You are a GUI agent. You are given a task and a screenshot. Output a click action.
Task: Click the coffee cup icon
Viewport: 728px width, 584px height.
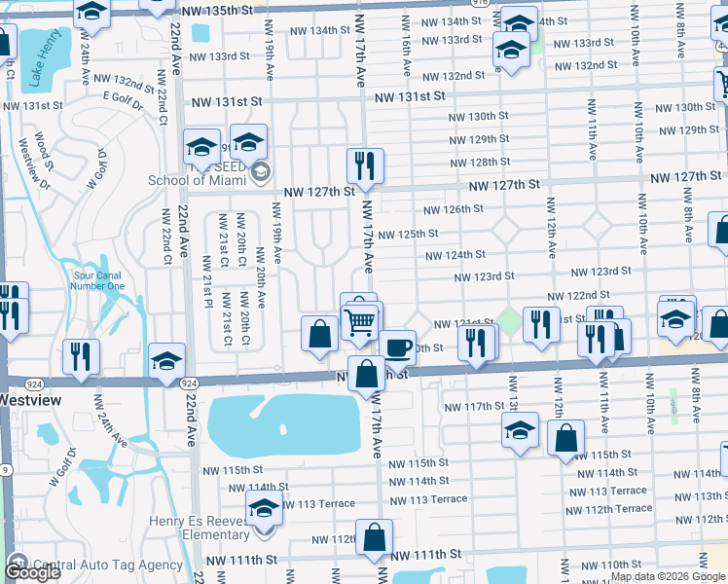coord(397,347)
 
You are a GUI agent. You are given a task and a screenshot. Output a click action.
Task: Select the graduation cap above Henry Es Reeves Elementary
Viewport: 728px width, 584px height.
coord(263,507)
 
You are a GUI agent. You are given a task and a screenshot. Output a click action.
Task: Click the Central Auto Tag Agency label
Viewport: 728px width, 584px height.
coord(107,565)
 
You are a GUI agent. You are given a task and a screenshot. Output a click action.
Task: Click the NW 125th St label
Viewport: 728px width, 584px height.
coord(408,234)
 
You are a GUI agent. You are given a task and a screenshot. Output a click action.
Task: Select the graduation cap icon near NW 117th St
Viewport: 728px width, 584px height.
coord(520,429)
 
